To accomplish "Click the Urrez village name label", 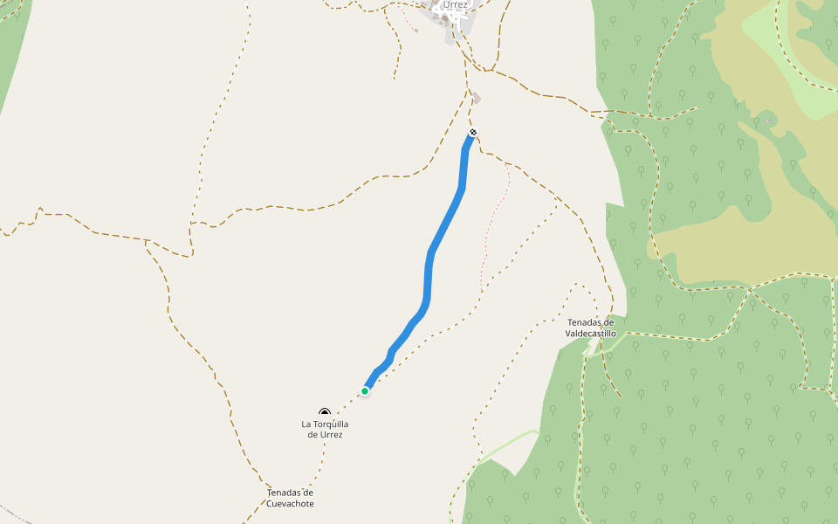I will tap(455, 4).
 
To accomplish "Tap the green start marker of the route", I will tap(365, 390).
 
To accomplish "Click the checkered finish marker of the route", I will tap(473, 133).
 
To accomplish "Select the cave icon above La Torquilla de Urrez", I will tap(325, 412).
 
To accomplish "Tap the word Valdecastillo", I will tap(591, 334).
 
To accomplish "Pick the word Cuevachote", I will tap(290, 504).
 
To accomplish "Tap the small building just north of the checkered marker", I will tap(477, 98).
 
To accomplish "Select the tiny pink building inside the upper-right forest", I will tap(768, 121).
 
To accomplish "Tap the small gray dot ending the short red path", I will tap(416, 31).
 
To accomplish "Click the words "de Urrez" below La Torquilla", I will tap(325, 434).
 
